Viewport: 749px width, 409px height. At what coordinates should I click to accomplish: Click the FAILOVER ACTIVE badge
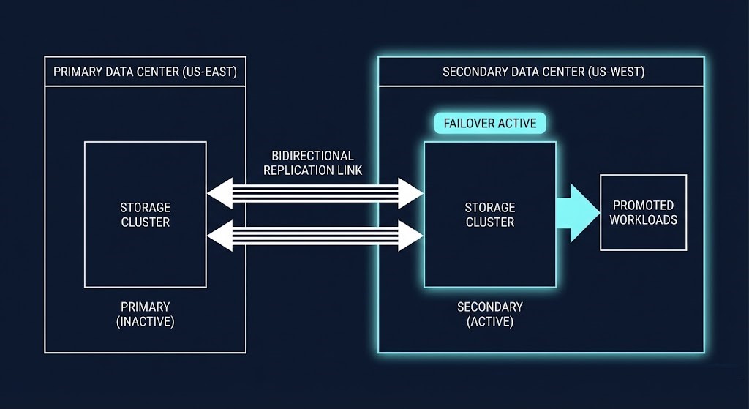[x=490, y=123]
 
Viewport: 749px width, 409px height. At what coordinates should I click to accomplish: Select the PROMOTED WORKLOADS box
[x=643, y=212]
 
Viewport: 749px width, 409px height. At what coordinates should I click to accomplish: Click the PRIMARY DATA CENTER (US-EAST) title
[x=145, y=72]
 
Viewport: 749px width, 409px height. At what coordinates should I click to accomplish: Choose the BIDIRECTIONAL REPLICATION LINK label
[x=312, y=162]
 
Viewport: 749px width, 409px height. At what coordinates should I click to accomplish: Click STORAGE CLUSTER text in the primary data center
[x=145, y=214]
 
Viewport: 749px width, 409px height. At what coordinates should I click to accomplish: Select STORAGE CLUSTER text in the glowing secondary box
[x=490, y=214]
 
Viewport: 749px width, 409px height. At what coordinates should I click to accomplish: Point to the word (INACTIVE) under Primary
[x=145, y=321]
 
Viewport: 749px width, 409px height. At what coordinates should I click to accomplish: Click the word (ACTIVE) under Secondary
[x=490, y=321]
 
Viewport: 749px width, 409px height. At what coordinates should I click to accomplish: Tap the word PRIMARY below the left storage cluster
[x=145, y=307]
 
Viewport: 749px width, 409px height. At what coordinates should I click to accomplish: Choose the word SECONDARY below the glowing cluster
[x=490, y=307]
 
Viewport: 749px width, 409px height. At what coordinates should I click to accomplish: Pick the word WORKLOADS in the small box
[x=643, y=219]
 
